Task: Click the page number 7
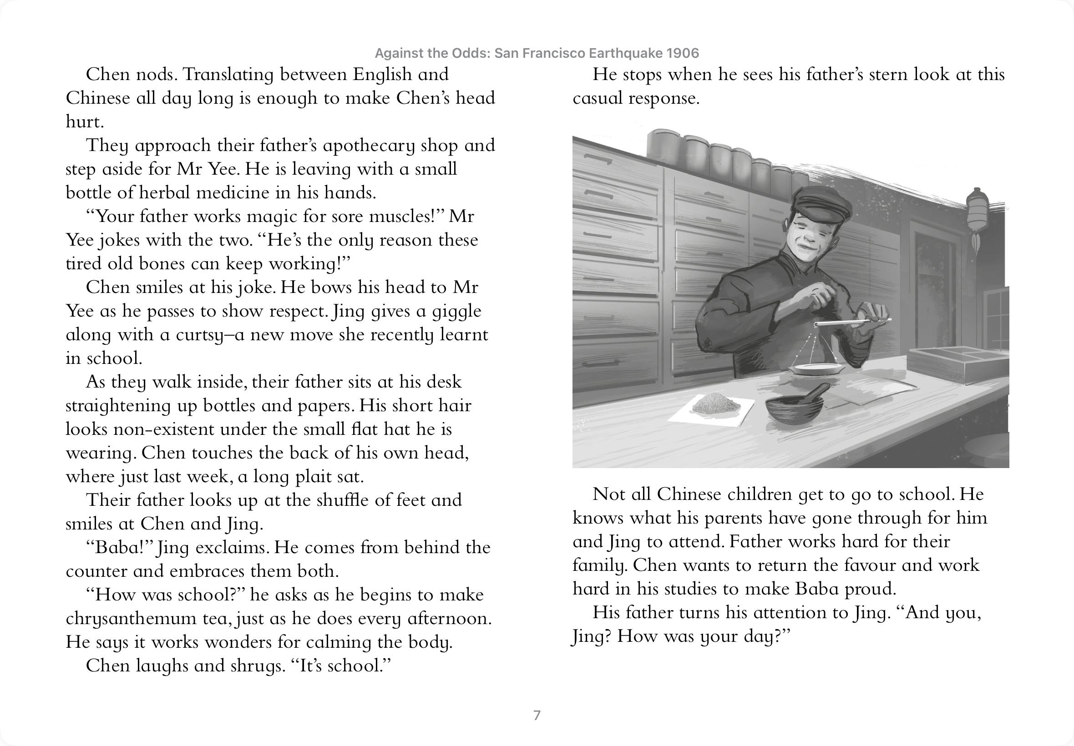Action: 537,715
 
